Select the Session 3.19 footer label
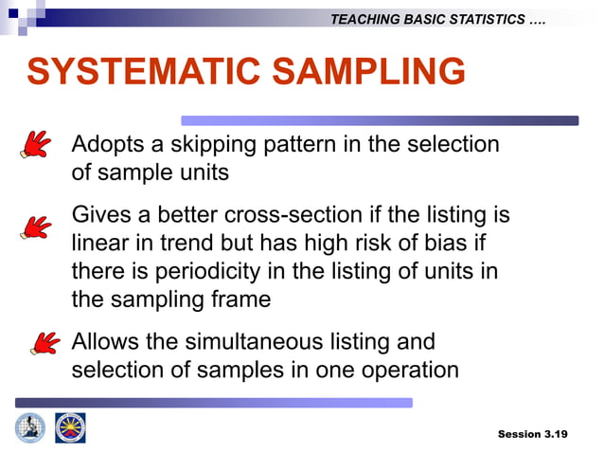[532, 434]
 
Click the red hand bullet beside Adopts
[36, 145]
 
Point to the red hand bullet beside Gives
[36, 226]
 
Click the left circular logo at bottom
[29, 428]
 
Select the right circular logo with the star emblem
[70, 428]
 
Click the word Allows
[104, 341]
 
